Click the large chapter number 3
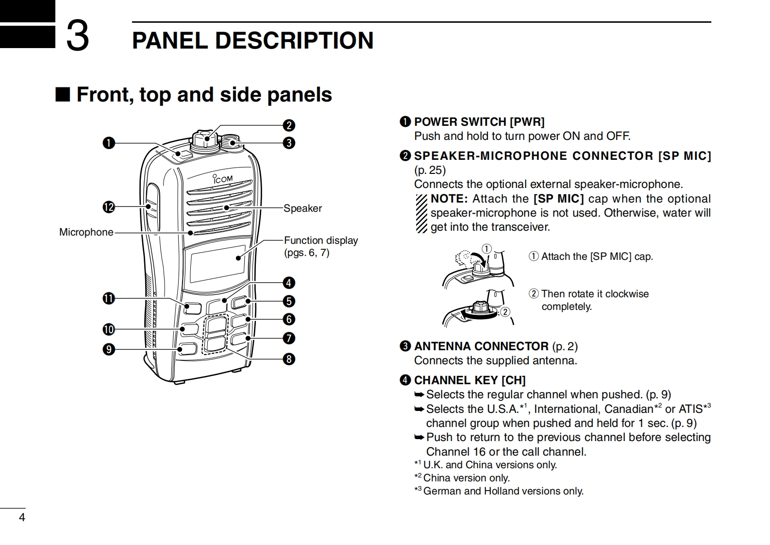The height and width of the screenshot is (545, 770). tap(78, 36)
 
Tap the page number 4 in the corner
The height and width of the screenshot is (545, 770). tap(21, 517)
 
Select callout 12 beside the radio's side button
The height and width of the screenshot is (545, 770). tap(108, 207)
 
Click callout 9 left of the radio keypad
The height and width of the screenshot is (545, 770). tap(108, 349)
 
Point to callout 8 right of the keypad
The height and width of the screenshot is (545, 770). tap(289, 359)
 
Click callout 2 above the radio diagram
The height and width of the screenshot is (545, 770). tap(289, 125)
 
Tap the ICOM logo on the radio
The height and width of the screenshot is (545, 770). tap(223, 179)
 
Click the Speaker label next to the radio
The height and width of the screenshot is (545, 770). tap(302, 208)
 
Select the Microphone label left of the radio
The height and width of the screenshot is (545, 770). tap(86, 232)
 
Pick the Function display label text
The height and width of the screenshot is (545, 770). tap(320, 240)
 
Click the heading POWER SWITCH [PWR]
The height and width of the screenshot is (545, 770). tap(479, 122)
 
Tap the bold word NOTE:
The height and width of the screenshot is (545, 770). tap(449, 199)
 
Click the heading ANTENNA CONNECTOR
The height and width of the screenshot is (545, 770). tap(481, 346)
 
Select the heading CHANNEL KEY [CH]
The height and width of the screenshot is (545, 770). tap(469, 380)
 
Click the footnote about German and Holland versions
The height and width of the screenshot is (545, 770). tap(503, 491)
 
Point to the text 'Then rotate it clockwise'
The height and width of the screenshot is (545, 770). tap(595, 294)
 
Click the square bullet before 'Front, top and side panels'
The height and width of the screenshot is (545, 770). tap(63, 94)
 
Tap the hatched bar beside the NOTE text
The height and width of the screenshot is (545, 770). tap(421, 213)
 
